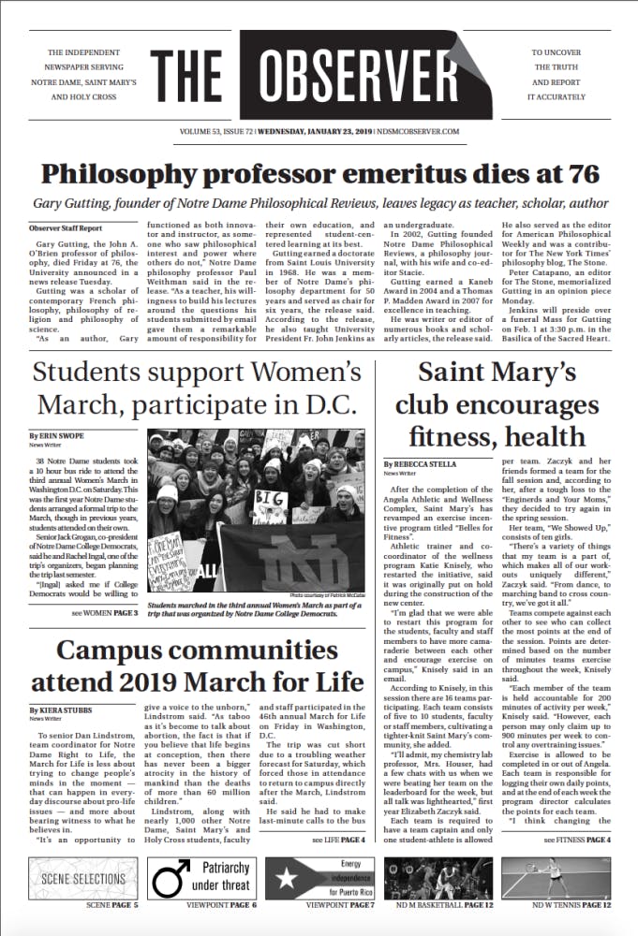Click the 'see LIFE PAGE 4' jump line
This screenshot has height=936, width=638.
point(338,841)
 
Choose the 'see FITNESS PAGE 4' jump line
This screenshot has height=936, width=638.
point(578,841)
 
